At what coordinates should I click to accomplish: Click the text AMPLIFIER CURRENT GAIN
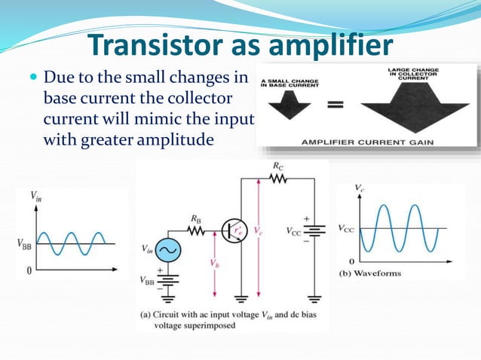click(x=367, y=141)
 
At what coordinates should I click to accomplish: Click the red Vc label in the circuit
click(x=259, y=230)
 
